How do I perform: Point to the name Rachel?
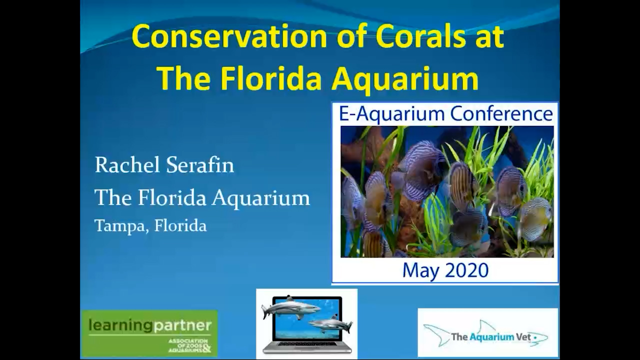tap(125, 165)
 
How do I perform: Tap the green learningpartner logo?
tap(149, 333)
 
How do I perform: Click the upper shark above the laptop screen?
tap(290, 306)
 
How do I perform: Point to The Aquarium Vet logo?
tap(487, 332)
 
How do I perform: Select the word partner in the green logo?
tap(182, 326)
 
